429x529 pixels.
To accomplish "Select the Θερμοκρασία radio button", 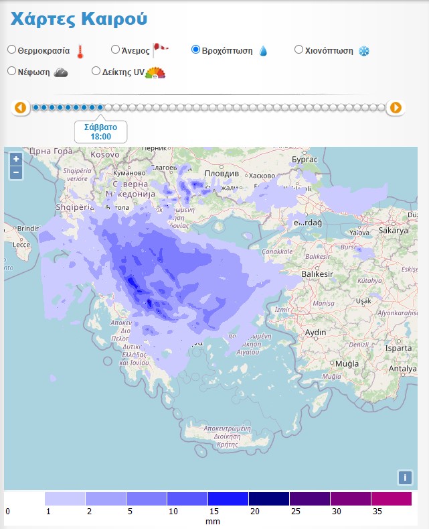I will click(x=12, y=50).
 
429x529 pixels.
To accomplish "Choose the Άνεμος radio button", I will click(x=115, y=49).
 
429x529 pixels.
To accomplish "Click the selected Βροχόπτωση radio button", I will click(x=196, y=49).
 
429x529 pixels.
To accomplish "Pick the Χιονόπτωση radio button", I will click(x=298, y=49).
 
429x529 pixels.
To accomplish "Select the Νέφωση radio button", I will click(x=12, y=70).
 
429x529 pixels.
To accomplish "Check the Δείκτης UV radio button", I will click(x=96, y=70).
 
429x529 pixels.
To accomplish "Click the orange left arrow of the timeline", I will click(x=20, y=107).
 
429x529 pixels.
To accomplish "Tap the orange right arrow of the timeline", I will click(x=396, y=107).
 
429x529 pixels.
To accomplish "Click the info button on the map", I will click(x=404, y=477).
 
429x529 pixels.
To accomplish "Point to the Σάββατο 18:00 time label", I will click(x=100, y=131).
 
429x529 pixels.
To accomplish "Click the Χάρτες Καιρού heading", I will click(x=78, y=19).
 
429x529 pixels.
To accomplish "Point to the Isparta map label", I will click(x=399, y=349).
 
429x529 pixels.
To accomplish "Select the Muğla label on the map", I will click(x=347, y=363).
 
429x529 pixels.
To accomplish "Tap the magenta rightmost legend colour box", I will click(x=391, y=499).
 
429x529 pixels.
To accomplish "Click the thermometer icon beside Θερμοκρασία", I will click(x=80, y=51).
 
